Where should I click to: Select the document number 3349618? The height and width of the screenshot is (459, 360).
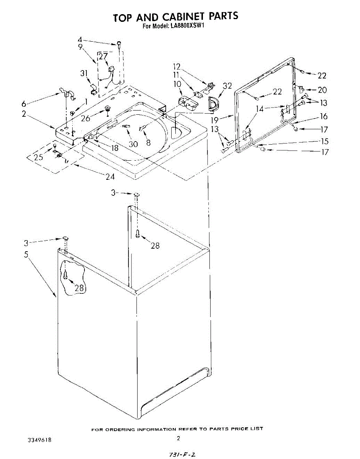(x=39, y=440)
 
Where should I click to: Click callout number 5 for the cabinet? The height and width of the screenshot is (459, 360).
(x=26, y=254)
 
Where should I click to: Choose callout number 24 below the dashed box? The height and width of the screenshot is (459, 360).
(x=110, y=177)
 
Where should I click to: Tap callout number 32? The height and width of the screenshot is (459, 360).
(x=227, y=86)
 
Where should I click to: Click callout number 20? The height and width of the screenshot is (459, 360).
(x=322, y=90)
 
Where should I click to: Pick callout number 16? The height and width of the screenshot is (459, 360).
(x=324, y=116)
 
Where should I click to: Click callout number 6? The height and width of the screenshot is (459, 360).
(x=24, y=103)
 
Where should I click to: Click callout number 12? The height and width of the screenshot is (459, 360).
(x=177, y=66)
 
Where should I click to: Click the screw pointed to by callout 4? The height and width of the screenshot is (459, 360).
(x=119, y=43)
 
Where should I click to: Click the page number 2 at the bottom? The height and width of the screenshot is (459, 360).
(x=178, y=438)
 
